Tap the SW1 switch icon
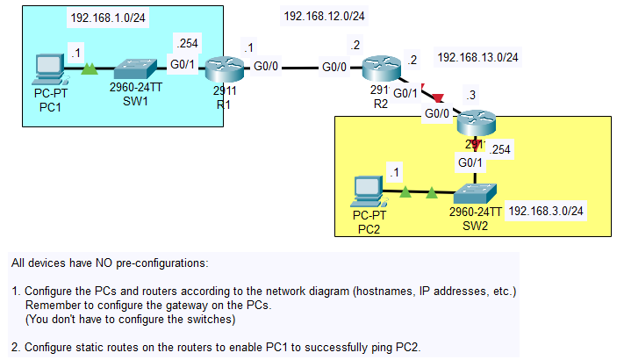[x=136, y=67]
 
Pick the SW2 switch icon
[x=475, y=191]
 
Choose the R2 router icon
[x=380, y=68]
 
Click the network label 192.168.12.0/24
[x=324, y=16]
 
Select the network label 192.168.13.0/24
[x=477, y=58]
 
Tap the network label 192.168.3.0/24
[x=546, y=211]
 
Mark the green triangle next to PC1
[x=88, y=68]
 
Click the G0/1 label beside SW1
[x=183, y=64]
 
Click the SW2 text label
[x=475, y=224]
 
